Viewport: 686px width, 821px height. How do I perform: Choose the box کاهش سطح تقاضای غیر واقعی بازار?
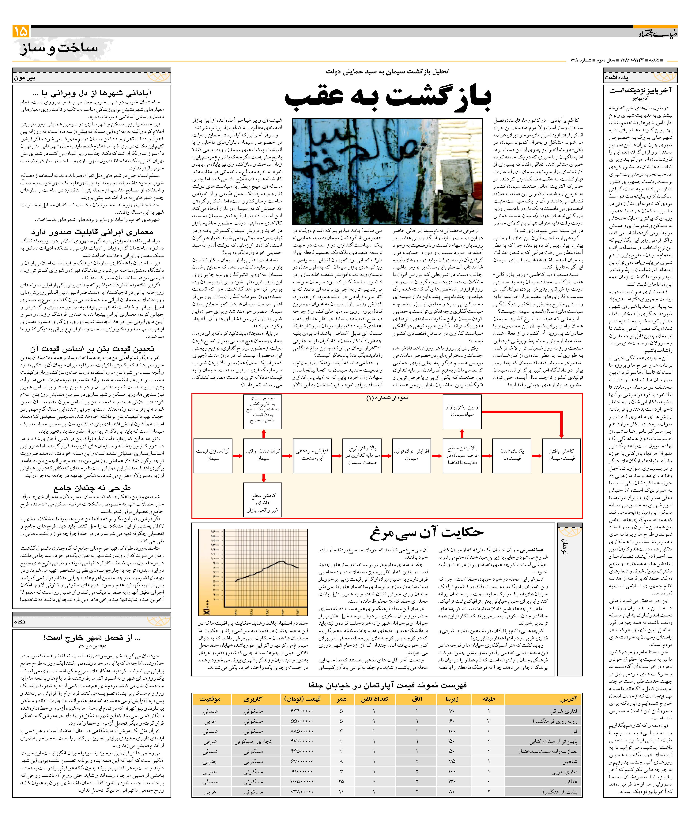click(263, 500)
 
